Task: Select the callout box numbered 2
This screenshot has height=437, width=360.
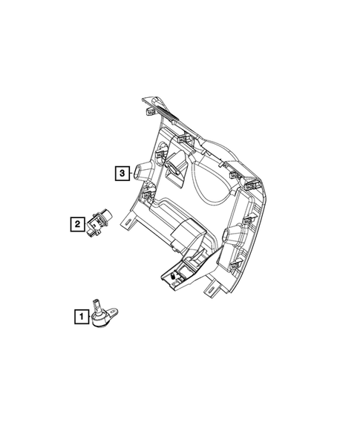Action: click(76, 222)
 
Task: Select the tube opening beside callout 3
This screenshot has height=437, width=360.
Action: click(140, 174)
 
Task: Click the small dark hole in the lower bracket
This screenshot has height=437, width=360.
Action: click(172, 276)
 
